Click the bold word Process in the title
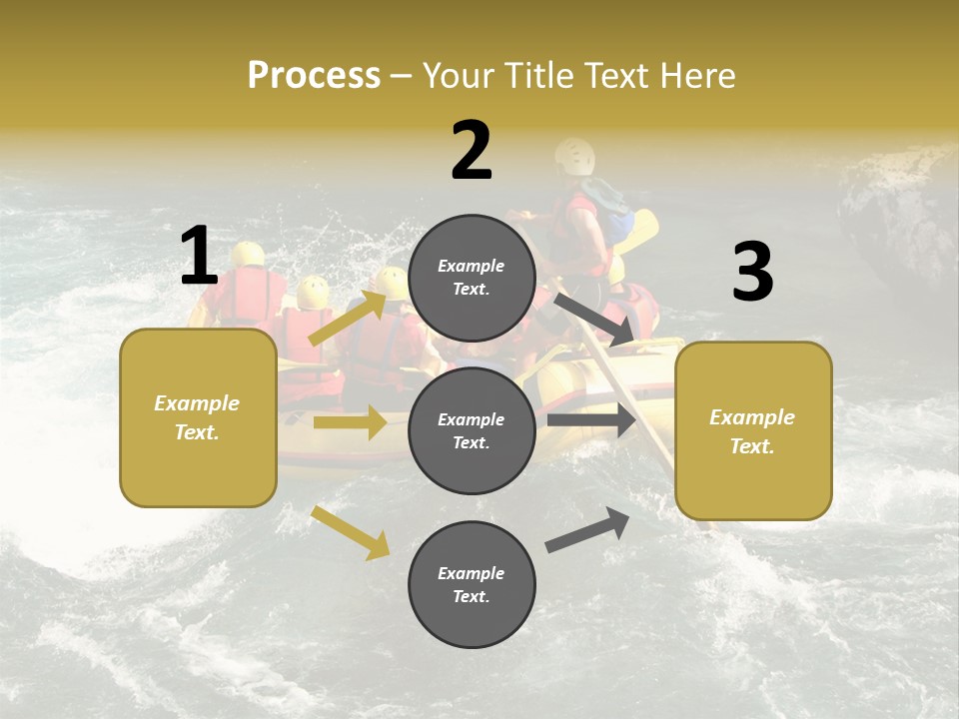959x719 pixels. coord(314,75)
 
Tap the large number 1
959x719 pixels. coord(199,256)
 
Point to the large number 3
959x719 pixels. coord(752,273)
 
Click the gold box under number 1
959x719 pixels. coord(198,417)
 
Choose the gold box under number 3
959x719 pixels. coord(753,431)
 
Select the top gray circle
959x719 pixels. coord(472,278)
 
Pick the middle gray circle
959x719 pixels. coord(472,430)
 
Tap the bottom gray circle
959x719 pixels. coord(472,584)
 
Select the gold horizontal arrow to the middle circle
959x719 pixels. coord(350,422)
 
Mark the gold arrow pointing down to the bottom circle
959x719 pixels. coord(350,531)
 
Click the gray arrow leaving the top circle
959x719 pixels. coord(595,319)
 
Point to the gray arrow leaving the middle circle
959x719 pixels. coord(591,420)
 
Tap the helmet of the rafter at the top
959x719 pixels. coord(575,155)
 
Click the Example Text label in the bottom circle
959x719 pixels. coord(472,584)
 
